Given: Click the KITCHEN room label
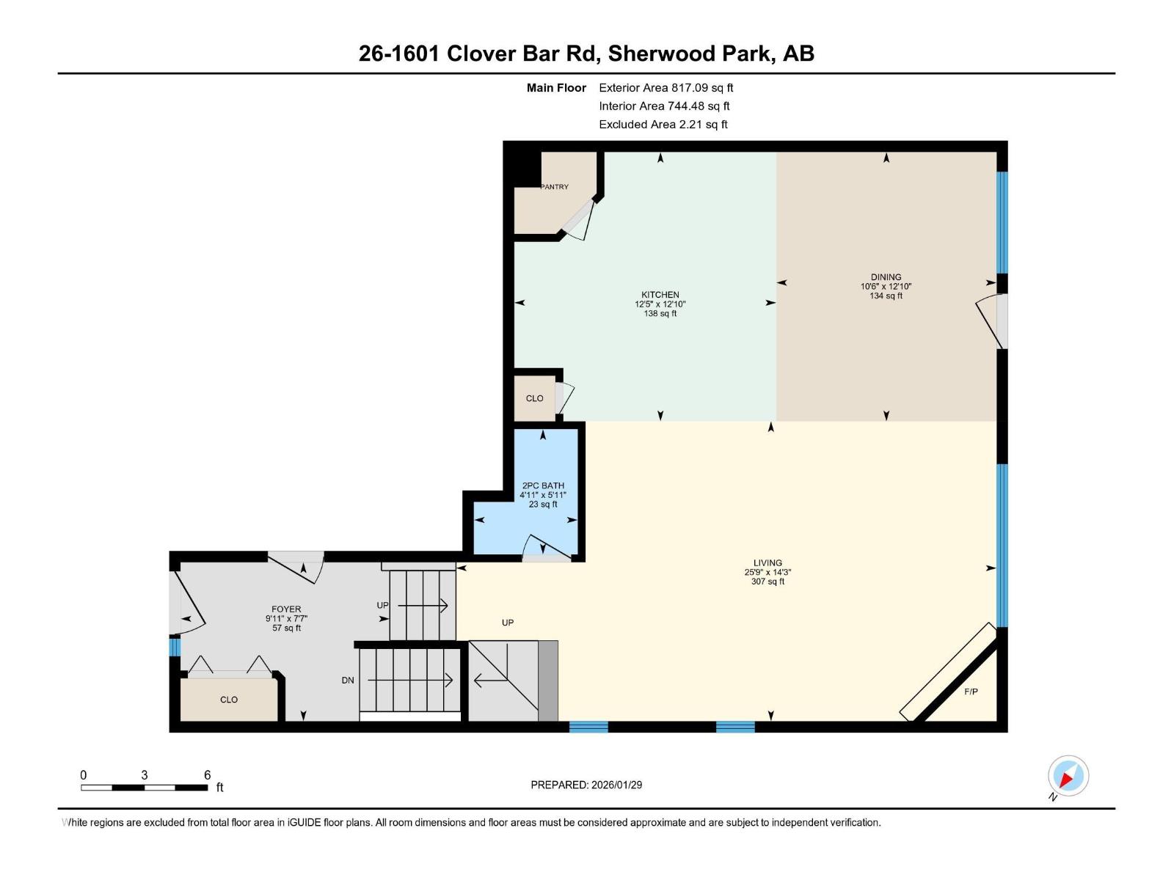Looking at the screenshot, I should click(x=660, y=295).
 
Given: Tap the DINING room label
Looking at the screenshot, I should click(x=886, y=277).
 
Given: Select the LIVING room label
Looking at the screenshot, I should click(x=768, y=563).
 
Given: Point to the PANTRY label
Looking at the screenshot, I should click(x=555, y=187).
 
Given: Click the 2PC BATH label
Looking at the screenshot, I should click(x=543, y=485).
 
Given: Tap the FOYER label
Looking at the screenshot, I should click(x=286, y=609).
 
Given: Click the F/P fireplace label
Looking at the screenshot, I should click(x=971, y=692).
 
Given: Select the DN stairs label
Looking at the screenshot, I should click(x=348, y=681).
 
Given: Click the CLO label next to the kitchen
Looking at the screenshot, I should click(x=534, y=398).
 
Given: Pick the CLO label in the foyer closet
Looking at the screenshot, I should click(x=229, y=700).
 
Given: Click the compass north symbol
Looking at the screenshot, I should click(x=1068, y=777).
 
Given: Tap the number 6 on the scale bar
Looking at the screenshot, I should click(x=208, y=775).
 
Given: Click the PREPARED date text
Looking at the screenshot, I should click(x=586, y=785).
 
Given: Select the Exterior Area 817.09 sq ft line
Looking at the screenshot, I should click(x=666, y=88).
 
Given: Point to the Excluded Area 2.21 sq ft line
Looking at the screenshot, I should click(x=663, y=125).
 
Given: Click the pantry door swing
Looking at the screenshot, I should click(x=578, y=220).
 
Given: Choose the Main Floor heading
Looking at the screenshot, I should click(x=556, y=88).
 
